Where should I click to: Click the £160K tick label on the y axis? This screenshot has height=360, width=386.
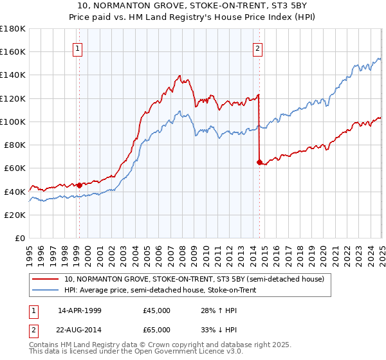pos(13,51)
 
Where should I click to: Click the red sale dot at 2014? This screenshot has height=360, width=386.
pos(259,162)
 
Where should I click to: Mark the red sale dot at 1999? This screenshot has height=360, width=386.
pos(79,185)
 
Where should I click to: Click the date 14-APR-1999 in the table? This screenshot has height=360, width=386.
pos(79,310)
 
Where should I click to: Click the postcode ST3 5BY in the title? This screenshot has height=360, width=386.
pos(263,6)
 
